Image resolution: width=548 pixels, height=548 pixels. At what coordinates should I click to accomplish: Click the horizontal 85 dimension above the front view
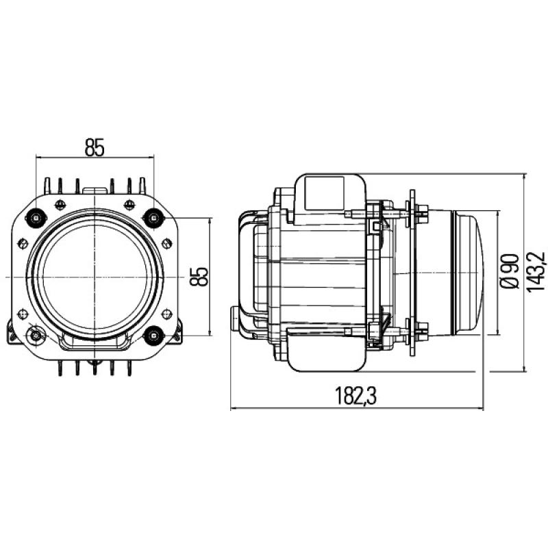(x=95, y=147)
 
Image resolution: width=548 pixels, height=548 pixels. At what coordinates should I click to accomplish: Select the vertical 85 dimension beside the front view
(x=199, y=276)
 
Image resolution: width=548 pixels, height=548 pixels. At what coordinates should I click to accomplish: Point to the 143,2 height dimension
(x=536, y=273)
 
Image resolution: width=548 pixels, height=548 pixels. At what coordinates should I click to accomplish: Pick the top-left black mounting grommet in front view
(x=34, y=218)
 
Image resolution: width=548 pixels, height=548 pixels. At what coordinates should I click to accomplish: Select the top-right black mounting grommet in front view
(x=153, y=218)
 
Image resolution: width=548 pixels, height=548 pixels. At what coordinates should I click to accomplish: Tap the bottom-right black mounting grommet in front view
(x=153, y=335)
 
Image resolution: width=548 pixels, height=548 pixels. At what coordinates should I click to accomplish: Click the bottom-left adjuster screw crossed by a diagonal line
(x=34, y=336)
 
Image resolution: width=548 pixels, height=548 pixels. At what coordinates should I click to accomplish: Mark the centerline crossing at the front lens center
(x=94, y=276)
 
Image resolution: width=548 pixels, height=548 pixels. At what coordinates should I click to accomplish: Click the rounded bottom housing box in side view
(x=327, y=349)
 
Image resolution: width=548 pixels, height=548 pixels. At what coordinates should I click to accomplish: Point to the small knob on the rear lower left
(x=236, y=317)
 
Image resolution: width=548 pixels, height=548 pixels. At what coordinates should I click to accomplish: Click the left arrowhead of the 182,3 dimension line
(x=234, y=410)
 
